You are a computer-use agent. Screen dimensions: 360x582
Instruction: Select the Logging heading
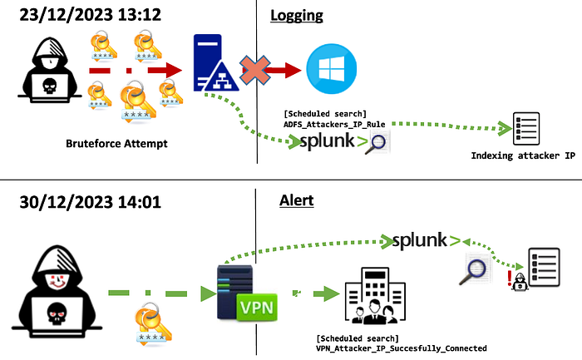click(x=296, y=15)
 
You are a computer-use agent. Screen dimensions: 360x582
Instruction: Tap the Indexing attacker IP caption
click(x=523, y=155)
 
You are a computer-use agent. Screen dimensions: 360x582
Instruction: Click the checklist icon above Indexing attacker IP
click(x=526, y=127)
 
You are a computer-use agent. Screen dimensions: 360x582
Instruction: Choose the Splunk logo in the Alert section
click(x=425, y=242)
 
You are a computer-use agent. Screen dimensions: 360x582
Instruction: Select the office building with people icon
click(x=374, y=298)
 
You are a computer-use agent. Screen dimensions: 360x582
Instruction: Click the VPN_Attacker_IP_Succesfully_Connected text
click(x=401, y=348)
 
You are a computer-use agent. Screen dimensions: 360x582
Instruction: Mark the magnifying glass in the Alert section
click(x=477, y=269)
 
